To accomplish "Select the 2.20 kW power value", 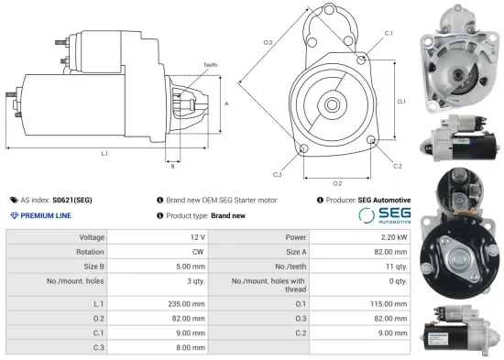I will tap(394, 236).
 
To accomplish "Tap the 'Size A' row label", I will tap(297, 251).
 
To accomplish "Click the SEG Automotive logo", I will tap(384, 214).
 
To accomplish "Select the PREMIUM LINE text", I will tap(42, 214).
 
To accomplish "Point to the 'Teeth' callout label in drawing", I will tap(210, 65).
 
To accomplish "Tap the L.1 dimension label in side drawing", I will tap(104, 153).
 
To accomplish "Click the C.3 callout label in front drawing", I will tap(277, 174).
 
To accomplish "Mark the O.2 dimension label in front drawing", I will tap(337, 183).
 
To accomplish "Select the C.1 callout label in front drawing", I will tap(389, 33).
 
